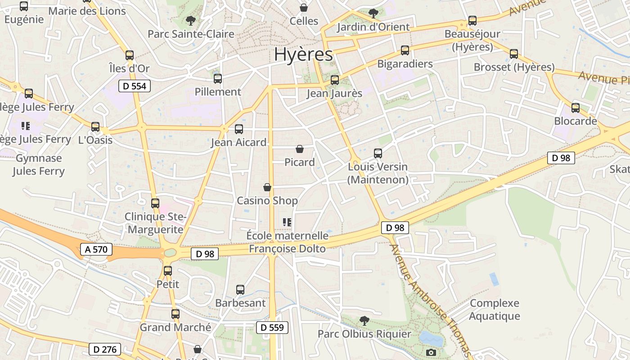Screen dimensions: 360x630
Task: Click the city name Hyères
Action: [303, 54]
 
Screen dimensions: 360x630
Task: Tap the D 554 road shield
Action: [134, 86]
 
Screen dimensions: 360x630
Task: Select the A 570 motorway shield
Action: [96, 249]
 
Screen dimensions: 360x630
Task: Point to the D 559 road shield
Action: [272, 327]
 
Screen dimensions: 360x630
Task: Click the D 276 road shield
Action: [105, 349]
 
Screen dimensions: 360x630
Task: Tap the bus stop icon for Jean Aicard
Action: [238, 129]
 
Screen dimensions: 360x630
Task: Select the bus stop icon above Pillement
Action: [218, 79]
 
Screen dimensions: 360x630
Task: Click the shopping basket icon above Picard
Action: [300, 149]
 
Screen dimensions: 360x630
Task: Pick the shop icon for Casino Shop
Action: [267, 187]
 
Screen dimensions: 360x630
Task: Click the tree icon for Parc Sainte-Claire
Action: [191, 20]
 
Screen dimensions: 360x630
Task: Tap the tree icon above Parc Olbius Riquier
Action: [364, 321]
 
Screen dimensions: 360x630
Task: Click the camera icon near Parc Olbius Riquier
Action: [431, 352]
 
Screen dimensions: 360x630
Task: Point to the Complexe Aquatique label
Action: [494, 310]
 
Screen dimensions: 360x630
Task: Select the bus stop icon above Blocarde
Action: [575, 108]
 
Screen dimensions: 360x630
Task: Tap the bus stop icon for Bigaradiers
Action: [405, 50]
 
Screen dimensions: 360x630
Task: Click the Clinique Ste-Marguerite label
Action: [155, 223]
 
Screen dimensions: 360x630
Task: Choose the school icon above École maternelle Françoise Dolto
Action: [287, 222]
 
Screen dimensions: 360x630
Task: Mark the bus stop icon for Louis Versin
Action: [378, 153]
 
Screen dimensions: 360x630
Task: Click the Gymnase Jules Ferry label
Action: [39, 165]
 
